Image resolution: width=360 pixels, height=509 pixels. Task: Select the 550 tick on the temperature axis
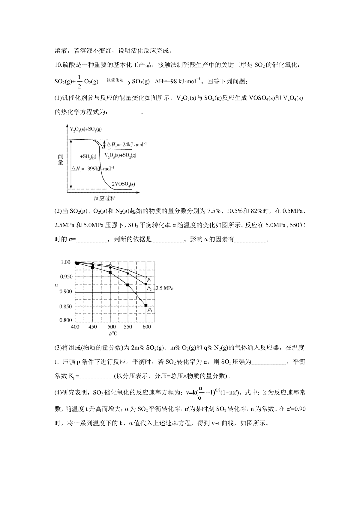click(128, 326)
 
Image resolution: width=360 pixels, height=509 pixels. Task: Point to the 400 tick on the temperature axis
click(75, 326)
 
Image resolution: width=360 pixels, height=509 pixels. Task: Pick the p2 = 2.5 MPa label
click(160, 288)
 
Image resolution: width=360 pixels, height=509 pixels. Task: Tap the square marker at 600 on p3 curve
click(146, 305)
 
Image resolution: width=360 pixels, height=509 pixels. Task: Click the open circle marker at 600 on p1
click(146, 277)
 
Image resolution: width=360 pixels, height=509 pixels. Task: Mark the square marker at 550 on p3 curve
click(128, 285)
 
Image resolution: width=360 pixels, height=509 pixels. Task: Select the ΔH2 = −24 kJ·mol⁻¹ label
click(127, 144)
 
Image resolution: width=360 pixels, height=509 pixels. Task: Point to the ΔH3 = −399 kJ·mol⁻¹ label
click(93, 168)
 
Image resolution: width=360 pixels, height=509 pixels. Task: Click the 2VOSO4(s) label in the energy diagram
click(123, 184)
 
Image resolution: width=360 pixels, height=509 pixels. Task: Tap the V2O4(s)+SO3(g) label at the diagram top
click(85, 129)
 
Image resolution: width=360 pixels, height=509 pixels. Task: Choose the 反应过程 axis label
click(104, 198)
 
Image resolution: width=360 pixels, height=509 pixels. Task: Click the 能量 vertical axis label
click(61, 159)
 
